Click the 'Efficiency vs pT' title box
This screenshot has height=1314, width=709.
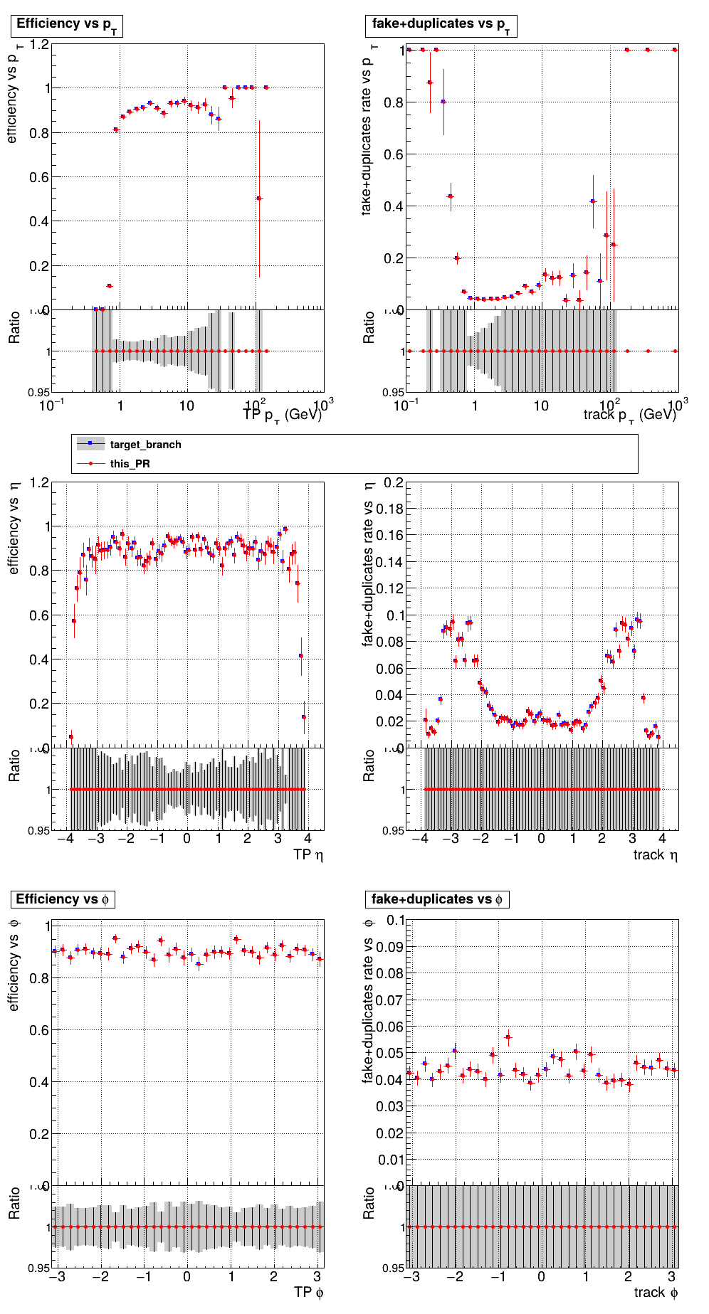[x=67, y=25]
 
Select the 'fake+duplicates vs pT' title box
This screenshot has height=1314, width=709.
[x=441, y=25]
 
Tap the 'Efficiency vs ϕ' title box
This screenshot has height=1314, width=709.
[x=62, y=899]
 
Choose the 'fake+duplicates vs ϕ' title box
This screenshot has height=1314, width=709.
[x=436, y=899]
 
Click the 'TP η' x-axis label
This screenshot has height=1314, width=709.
[x=308, y=854]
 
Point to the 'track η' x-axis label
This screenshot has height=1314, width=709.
[x=655, y=854]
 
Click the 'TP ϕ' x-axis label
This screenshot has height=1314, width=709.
[x=308, y=1292]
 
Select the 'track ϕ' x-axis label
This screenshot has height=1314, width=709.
[x=655, y=1292]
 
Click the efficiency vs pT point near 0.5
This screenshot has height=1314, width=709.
[x=259, y=198]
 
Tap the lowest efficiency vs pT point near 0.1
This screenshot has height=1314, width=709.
[x=109, y=286]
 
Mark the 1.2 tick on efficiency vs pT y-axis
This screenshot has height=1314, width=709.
[x=39, y=45]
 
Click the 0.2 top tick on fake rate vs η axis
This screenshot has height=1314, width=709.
[x=394, y=483]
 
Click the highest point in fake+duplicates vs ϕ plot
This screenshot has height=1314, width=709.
[x=508, y=1037]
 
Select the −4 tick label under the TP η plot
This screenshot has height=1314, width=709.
[x=65, y=838]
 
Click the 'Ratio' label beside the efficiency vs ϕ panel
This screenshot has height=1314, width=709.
[x=14, y=1203]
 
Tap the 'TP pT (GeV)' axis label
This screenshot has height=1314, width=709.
[x=282, y=415]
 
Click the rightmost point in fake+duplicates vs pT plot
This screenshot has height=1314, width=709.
[x=675, y=50]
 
